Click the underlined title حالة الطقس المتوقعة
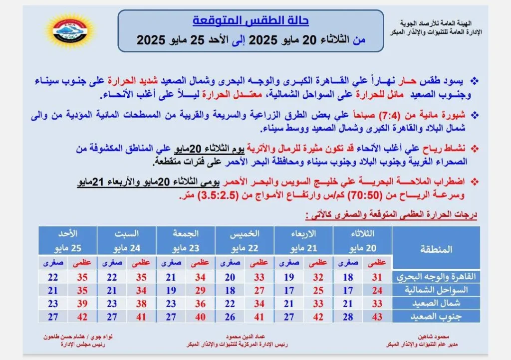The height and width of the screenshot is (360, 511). [x=251, y=21]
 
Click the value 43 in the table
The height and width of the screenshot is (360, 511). [x=377, y=317]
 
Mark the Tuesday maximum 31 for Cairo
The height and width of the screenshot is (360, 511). [x=377, y=278]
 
